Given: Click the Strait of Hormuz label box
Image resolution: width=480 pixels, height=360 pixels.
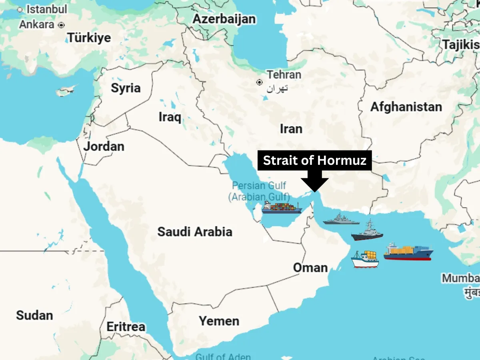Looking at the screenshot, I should pos(314,160).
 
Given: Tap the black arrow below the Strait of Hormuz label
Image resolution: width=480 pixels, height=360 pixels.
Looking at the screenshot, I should pos(315,183).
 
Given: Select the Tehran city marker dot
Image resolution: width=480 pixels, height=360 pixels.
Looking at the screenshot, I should pos(260,82).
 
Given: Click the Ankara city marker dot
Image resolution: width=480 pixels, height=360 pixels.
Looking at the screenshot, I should pos(61,25).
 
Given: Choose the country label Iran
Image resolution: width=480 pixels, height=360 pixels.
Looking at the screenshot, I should pos(291,129).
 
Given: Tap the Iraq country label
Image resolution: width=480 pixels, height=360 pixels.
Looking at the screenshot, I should pos(170,117).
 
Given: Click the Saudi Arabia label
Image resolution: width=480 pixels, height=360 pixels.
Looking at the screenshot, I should pos(195,231).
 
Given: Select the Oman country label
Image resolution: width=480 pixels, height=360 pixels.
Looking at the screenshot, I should pos(310,267).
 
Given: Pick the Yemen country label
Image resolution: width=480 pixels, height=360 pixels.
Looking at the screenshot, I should pos(219,321).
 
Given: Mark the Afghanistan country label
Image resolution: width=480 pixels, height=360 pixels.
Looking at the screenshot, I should pos(406,107).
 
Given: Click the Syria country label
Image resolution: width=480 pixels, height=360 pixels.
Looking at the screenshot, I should pos(126,88).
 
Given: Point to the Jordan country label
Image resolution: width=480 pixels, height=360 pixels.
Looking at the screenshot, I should pos(104,146).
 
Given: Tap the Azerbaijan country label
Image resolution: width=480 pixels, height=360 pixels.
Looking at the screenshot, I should pos(224,19).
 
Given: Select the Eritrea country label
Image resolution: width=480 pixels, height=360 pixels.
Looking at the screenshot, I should pos(126,327).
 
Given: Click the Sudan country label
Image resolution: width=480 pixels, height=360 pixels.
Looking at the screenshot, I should pos(34,315).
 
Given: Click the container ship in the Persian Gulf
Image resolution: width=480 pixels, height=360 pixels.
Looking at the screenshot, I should pos(282,207).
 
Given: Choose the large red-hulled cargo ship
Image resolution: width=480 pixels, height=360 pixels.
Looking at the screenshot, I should pos(408,252).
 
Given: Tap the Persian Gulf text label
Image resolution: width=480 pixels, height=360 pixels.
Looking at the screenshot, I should pos(259,186).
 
